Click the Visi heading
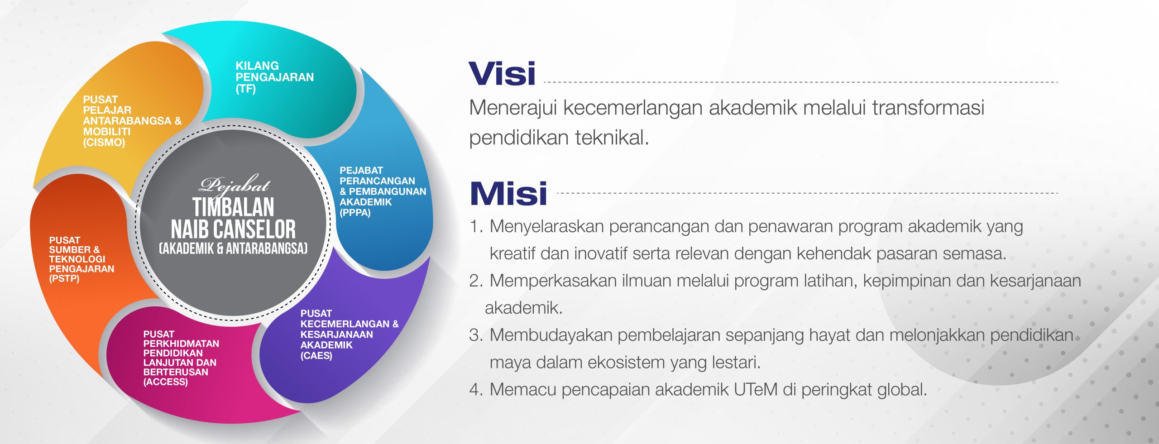pos(502,74)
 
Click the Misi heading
pos(508,193)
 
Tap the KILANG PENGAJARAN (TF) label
pos(275,77)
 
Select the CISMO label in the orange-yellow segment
pos(132,121)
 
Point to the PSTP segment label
pos(81,259)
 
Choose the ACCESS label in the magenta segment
pos(181,358)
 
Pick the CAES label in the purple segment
pos(350,334)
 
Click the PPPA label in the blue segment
pos(383,191)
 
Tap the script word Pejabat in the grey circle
pos(235,185)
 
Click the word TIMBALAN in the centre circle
pos(233,207)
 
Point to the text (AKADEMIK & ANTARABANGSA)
pos(233,248)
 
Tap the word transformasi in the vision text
pos(928,108)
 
